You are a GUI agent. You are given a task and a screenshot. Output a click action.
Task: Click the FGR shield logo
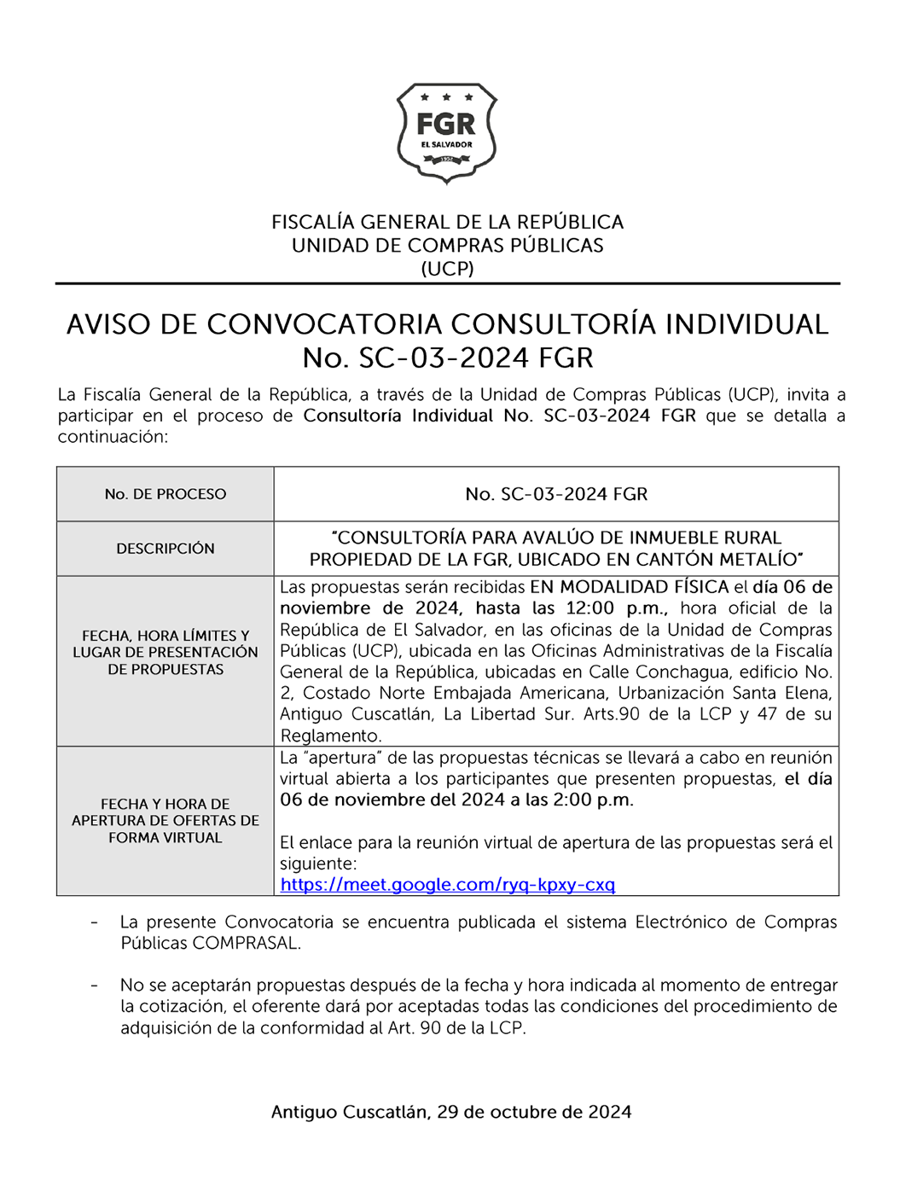tap(446, 132)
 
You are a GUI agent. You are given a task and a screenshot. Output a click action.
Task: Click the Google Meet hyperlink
tap(447, 885)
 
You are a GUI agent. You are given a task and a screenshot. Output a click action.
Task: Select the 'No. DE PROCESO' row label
tap(165, 494)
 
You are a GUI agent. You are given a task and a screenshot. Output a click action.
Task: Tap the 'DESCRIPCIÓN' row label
tap(165, 549)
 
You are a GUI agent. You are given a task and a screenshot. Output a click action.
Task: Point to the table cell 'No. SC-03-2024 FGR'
tap(556, 494)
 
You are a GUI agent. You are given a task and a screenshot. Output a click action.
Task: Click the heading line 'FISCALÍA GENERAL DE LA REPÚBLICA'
tap(447, 223)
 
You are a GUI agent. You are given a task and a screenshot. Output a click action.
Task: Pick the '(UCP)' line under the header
tap(447, 269)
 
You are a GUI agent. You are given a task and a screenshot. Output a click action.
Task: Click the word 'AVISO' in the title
tap(109, 325)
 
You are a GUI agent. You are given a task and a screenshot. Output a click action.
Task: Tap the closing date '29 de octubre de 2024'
tap(534, 1112)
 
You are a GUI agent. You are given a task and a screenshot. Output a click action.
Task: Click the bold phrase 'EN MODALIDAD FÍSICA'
tap(629, 587)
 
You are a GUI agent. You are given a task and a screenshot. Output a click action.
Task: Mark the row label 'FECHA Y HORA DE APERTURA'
tap(165, 821)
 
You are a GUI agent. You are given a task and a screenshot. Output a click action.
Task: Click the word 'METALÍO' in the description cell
tap(758, 560)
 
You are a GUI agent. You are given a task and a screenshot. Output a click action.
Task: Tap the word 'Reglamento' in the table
tap(329, 736)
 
